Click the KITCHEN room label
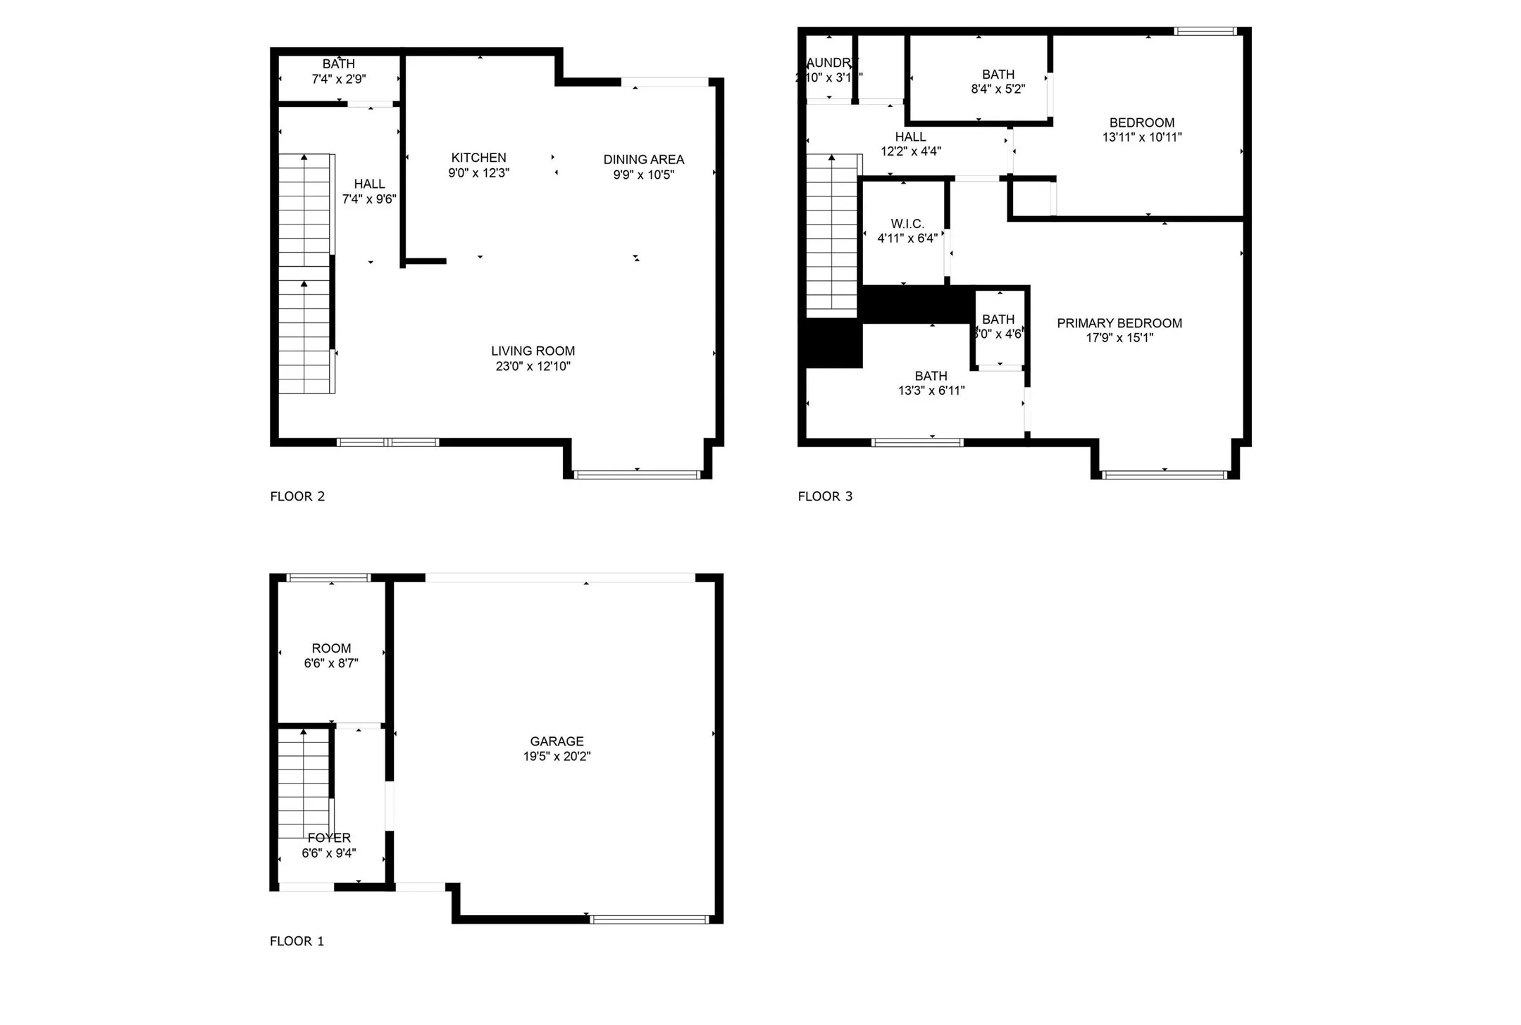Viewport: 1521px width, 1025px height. pyautogui.click(x=478, y=158)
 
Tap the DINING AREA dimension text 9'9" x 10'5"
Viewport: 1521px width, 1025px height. pyautogui.click(x=643, y=175)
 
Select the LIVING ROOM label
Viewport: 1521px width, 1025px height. pyautogui.click(x=533, y=351)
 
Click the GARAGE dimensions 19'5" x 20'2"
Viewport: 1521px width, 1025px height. pyautogui.click(x=557, y=756)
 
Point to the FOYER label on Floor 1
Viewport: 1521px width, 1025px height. pyautogui.click(x=329, y=838)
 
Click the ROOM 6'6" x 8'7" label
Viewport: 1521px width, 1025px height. pyautogui.click(x=331, y=648)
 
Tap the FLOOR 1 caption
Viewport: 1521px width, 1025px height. pyautogui.click(x=297, y=941)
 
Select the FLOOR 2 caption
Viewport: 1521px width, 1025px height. pyautogui.click(x=297, y=496)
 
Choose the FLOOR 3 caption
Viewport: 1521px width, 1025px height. pyautogui.click(x=825, y=496)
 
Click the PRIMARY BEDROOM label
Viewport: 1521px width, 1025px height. pyautogui.click(x=1119, y=323)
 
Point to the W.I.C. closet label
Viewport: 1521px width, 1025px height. pyautogui.click(x=907, y=224)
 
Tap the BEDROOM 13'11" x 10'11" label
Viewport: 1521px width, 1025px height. pyautogui.click(x=1141, y=122)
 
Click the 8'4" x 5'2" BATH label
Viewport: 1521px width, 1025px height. pyautogui.click(x=998, y=75)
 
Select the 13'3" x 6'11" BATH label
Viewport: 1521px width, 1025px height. pyautogui.click(x=931, y=376)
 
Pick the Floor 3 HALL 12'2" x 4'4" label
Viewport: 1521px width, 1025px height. pyautogui.click(x=910, y=137)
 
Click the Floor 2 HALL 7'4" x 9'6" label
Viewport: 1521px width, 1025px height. pyautogui.click(x=369, y=184)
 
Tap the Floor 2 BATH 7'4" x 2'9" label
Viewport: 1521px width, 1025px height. pyautogui.click(x=338, y=64)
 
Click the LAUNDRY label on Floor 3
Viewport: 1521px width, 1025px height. pyautogui.click(x=831, y=63)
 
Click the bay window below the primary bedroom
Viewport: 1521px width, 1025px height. pyautogui.click(x=1165, y=475)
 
